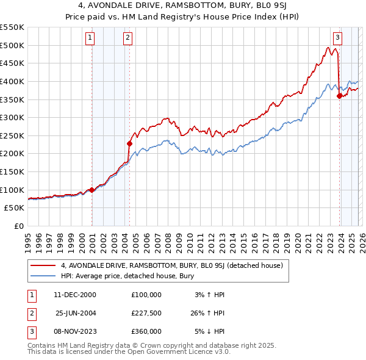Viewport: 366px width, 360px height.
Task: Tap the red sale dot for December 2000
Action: coord(92,190)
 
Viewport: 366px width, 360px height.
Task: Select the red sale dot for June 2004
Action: coord(129,144)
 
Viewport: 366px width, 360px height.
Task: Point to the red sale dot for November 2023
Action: coord(339,96)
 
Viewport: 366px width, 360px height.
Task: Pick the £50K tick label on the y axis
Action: coord(15,208)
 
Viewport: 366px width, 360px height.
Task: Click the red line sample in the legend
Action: coord(43,265)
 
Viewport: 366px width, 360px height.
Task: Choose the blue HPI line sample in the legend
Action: coord(43,276)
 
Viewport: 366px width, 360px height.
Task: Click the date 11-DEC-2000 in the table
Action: coord(76,295)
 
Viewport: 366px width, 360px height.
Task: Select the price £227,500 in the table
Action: coord(146,313)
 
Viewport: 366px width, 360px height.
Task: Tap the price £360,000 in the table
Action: coord(146,331)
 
